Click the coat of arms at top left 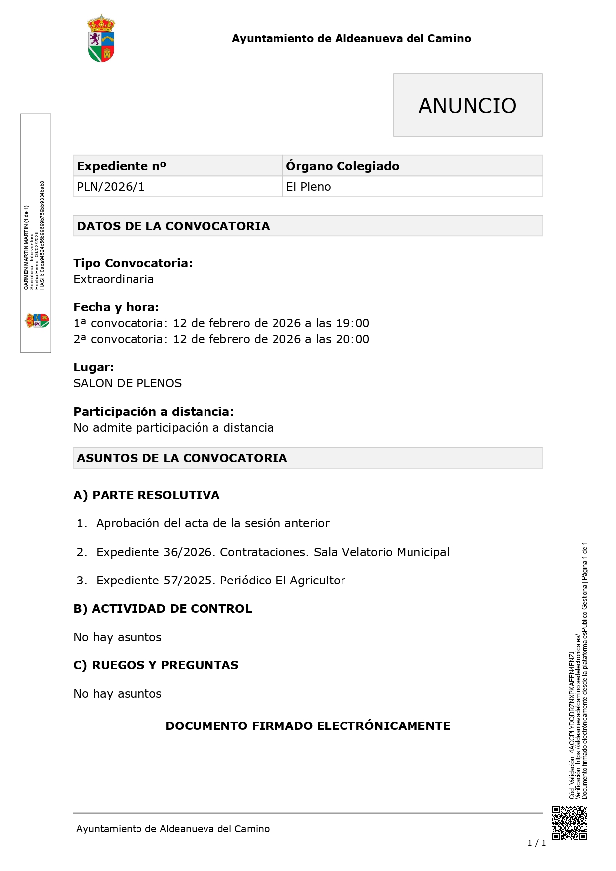[x=101, y=39]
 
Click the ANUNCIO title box [x=467, y=105]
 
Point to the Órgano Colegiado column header [x=342, y=166]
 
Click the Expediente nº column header [x=122, y=166]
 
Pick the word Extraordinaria [x=114, y=279]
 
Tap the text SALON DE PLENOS [x=128, y=383]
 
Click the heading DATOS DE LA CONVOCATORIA [x=173, y=226]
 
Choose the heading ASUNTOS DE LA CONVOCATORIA [x=182, y=458]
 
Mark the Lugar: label [x=94, y=367]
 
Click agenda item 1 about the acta [x=212, y=523]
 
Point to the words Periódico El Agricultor [x=282, y=581]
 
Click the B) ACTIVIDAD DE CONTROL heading [x=163, y=609]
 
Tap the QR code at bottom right [x=569, y=823]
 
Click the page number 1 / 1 [x=536, y=843]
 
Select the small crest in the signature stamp [x=37, y=320]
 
